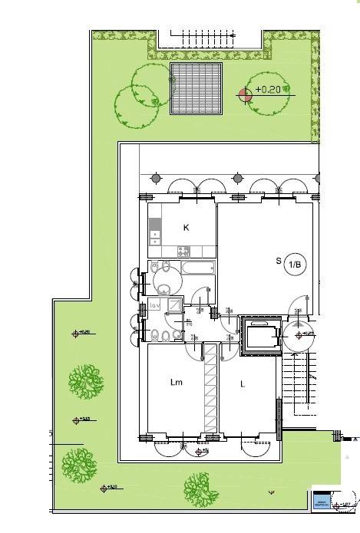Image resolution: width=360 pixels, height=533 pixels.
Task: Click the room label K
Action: [x=186, y=228]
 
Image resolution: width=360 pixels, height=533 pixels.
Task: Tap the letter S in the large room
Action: [x=279, y=261]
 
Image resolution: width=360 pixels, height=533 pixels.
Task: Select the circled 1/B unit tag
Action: [x=296, y=265]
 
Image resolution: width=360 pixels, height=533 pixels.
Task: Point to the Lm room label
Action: [x=175, y=382]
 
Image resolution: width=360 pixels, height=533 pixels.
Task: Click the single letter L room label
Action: [x=242, y=383]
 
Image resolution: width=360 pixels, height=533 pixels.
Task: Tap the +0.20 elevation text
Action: [x=269, y=90]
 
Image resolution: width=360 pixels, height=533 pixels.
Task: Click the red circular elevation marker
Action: [x=245, y=94]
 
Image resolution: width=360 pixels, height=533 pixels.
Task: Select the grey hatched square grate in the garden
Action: [x=196, y=88]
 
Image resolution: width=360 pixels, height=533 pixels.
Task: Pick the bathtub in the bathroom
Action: [x=197, y=269]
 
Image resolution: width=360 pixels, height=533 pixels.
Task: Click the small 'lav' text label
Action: [x=154, y=305]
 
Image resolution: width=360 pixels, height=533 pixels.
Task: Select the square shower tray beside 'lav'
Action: [x=174, y=306]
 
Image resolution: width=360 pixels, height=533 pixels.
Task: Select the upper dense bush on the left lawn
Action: [x=84, y=380]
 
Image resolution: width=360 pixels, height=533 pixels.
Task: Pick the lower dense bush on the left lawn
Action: [x=80, y=462]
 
